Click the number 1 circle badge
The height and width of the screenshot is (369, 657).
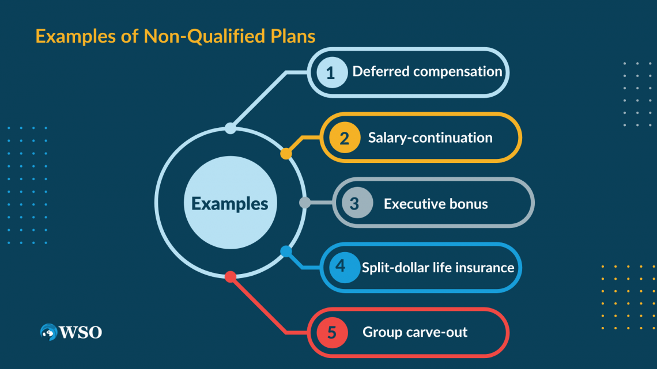(x=330, y=73)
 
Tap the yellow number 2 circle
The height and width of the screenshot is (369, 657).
(x=344, y=138)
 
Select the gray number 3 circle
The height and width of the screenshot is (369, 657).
(x=354, y=203)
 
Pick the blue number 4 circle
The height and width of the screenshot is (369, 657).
(x=341, y=267)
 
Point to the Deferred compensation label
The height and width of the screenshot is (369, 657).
(x=427, y=72)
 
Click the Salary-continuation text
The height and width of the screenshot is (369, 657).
(x=430, y=138)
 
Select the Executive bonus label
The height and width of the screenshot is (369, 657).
(x=436, y=203)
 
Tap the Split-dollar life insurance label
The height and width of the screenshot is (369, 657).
(x=438, y=267)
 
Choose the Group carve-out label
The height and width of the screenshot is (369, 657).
(x=415, y=332)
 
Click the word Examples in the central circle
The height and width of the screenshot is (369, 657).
(x=229, y=204)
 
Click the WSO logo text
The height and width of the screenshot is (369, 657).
(x=80, y=332)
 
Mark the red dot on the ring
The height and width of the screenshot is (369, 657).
(x=230, y=277)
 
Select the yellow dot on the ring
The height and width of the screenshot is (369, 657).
(x=286, y=154)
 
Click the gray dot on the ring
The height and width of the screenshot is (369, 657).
(x=305, y=203)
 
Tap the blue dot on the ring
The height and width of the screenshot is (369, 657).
(x=286, y=252)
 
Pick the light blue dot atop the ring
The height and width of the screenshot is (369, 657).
(x=230, y=128)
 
